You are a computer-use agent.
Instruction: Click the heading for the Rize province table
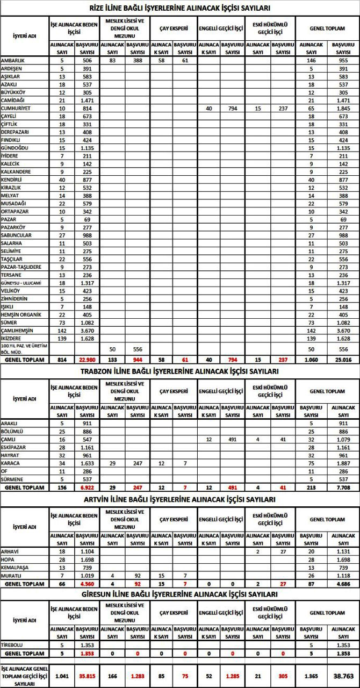tap(179, 8)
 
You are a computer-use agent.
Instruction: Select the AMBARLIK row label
tap(13, 61)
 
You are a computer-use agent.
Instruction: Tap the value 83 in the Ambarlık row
tap(112, 61)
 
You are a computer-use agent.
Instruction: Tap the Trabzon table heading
tap(179, 371)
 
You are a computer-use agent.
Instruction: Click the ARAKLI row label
tap(10, 424)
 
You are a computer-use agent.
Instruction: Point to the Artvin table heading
tap(179, 499)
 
